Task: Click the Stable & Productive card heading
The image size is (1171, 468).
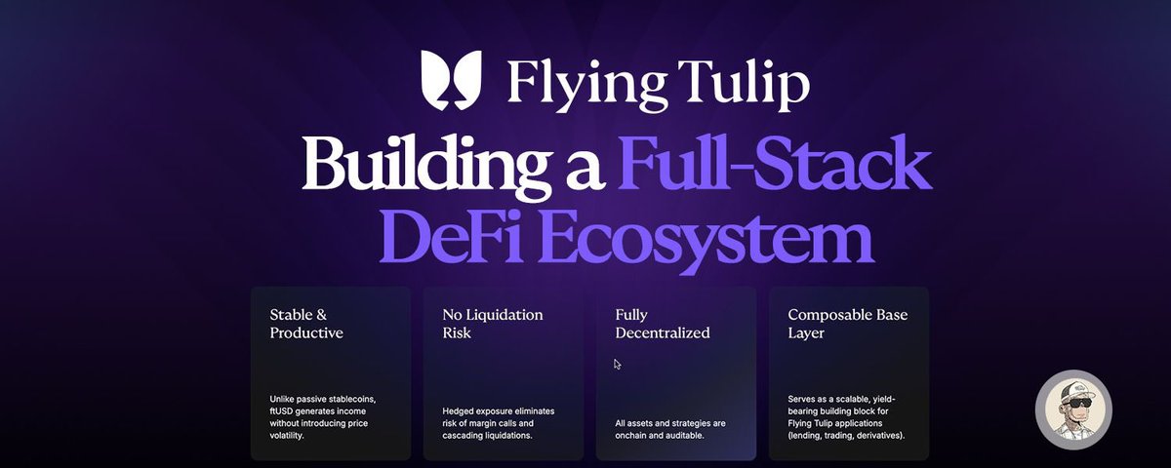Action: (306, 324)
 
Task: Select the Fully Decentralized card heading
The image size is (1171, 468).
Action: (663, 324)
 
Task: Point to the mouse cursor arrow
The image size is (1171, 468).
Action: (617, 365)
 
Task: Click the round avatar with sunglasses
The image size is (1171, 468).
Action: (1073, 409)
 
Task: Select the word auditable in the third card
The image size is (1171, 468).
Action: (682, 435)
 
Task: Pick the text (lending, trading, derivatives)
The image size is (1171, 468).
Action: (846, 435)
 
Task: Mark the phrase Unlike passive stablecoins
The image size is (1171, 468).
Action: (320, 398)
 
